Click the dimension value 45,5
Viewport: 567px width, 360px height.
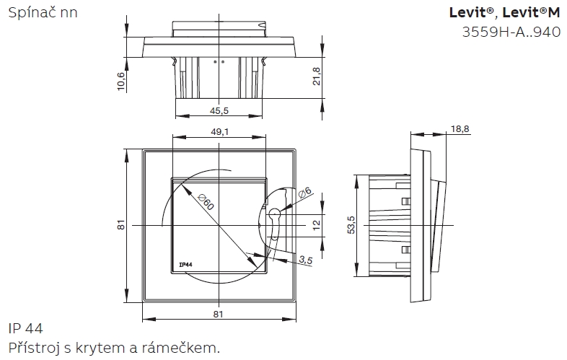pyautogui.click(x=219, y=110)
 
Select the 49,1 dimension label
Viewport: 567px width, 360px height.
pyautogui.click(x=220, y=132)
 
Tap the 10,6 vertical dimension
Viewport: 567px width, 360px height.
pyautogui.click(x=120, y=82)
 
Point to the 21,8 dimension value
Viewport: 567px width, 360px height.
pyautogui.click(x=316, y=76)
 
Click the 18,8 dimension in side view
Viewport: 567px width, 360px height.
pyautogui.click(x=460, y=129)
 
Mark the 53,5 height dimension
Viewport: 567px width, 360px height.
pyautogui.click(x=351, y=225)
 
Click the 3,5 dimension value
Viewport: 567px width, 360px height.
pyautogui.click(x=306, y=260)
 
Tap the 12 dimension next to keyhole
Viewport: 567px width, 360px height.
pyautogui.click(x=316, y=225)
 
